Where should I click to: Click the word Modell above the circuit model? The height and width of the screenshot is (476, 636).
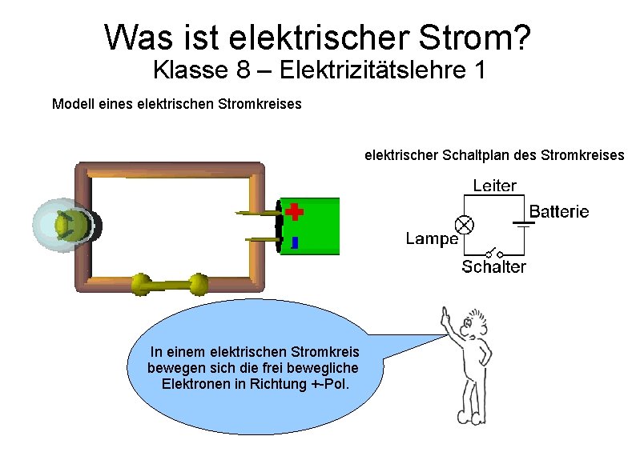[x=71, y=104]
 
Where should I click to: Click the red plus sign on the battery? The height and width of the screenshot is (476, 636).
[x=295, y=211]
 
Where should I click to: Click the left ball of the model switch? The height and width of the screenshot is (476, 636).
[x=140, y=283]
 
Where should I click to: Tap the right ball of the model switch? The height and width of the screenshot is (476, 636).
[x=198, y=283]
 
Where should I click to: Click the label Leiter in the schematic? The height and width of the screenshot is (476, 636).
[x=494, y=186]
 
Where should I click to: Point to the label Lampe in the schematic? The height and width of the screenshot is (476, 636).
[x=431, y=238]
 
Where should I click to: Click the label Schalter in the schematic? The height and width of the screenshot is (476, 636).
[x=493, y=267]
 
